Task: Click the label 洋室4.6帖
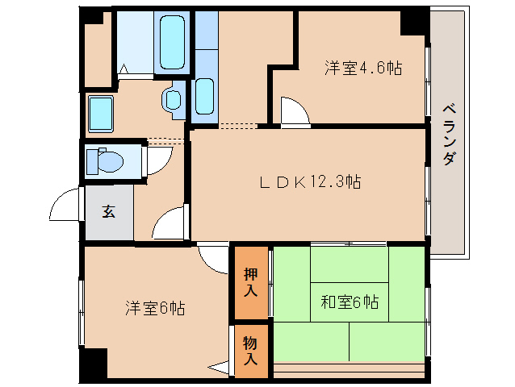pyautogui.click(x=363, y=68)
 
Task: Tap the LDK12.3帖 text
pyautogui.click(x=309, y=182)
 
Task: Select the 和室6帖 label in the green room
pyautogui.click(x=349, y=303)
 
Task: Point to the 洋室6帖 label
pyautogui.click(x=156, y=307)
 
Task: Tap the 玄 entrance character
pyautogui.click(x=108, y=211)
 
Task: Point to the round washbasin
pyautogui.click(x=173, y=99)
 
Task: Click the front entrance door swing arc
pyautogui.click(x=65, y=206)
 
